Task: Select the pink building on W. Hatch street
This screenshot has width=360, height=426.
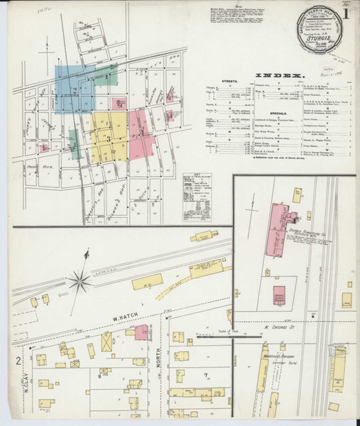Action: click(141, 332)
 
